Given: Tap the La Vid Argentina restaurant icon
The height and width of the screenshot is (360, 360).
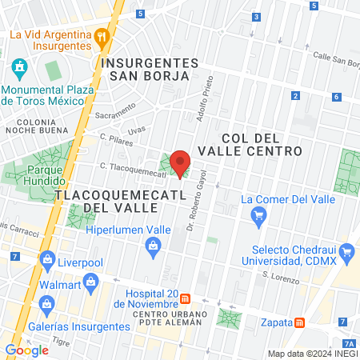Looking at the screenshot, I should click(x=101, y=35).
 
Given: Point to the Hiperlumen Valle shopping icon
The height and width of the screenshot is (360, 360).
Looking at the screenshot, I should click(x=153, y=248).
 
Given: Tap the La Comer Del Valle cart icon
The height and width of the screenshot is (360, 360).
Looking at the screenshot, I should click(x=258, y=215).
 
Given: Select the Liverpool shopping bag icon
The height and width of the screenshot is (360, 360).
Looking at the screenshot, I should click(x=47, y=260).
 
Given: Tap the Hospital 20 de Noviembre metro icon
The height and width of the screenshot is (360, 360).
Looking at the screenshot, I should click(x=186, y=298).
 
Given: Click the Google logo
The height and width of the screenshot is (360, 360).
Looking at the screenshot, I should click(x=26, y=350).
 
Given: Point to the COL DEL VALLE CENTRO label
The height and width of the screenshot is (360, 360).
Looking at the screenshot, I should click(x=262, y=142).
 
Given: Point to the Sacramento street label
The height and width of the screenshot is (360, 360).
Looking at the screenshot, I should click(x=115, y=115).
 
